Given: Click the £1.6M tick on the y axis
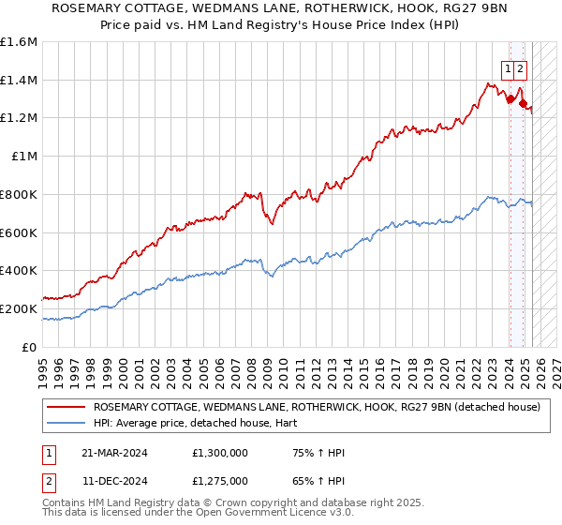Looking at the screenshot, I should pyautogui.click(x=19, y=42).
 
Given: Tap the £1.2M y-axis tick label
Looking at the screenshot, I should pyautogui.click(x=19, y=118).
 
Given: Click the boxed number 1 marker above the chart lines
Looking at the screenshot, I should pyautogui.click(x=508, y=68).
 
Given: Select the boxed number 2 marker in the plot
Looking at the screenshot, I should pyautogui.click(x=520, y=68).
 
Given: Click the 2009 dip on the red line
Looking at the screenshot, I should pyautogui.click(x=271, y=223).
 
